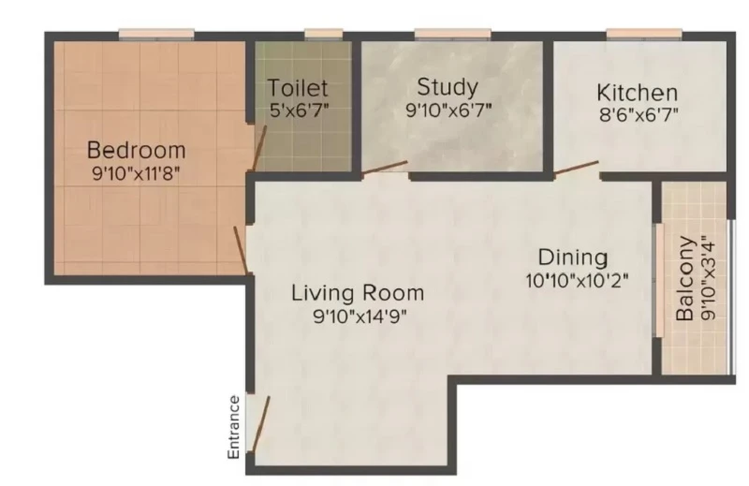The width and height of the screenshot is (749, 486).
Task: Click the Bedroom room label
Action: pos(137,150)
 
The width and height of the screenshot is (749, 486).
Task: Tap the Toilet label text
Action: pos(298,88)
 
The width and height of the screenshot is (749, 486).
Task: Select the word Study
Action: pos(448,87)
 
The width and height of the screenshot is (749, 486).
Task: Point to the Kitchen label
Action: pos(638,93)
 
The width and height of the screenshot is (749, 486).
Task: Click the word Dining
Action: pos(573,258)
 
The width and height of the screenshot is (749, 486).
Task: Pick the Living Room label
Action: pos(358,293)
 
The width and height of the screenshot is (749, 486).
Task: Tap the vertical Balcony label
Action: pos(685,279)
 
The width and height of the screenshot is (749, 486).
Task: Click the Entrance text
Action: pos(233,427)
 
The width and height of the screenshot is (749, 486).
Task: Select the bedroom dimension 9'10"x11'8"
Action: pos(136,173)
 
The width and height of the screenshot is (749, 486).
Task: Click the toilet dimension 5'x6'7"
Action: pos(300,110)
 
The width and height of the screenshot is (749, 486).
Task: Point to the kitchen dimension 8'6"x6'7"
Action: pos(639,114)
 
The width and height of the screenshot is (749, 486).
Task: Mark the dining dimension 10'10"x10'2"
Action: pos(577,281)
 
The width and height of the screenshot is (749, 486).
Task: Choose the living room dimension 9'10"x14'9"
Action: pos(360,316)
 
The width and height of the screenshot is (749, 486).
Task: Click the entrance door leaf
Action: pos(261,424)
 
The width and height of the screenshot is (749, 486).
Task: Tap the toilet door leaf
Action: pos(259,148)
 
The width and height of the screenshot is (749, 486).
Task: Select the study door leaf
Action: pos(385,167)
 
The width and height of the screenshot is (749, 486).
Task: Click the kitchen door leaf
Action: pos(577,169)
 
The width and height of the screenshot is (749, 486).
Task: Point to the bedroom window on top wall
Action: pos(156,34)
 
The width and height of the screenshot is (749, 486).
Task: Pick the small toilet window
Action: pos(323,34)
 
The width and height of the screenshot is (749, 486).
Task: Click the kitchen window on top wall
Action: pos(644,34)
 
